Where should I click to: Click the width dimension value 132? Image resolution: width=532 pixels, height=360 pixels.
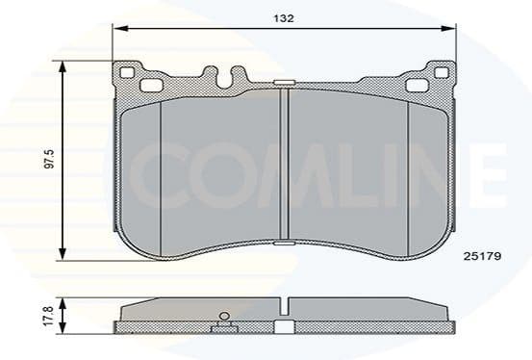[x=282, y=18]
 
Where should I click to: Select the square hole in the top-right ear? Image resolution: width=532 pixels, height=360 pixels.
[x=418, y=86]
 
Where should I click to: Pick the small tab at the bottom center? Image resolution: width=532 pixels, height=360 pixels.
[x=284, y=246]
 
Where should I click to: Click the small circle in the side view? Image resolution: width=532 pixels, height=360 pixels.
[x=224, y=316]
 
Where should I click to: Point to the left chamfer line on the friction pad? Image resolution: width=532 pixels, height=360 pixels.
[x=160, y=164]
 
